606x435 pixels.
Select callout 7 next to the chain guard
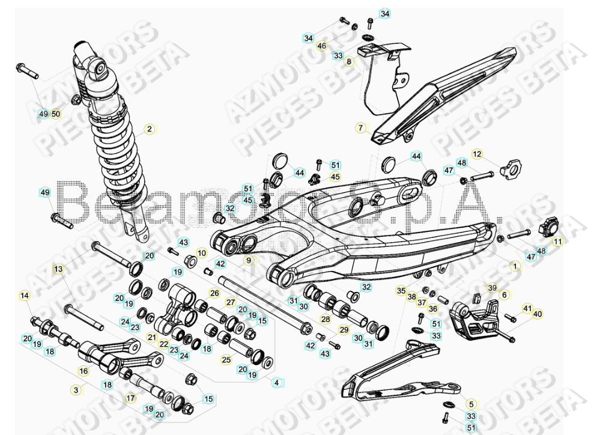pyautogui.click(x=361, y=128)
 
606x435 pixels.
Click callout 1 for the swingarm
pyautogui.click(x=514, y=264)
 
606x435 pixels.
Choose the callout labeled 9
pyautogui.click(x=247, y=260)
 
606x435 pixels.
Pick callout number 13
pyautogui.click(x=58, y=269)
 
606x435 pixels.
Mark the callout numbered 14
pyautogui.click(x=25, y=295)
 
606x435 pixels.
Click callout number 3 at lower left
pyautogui.click(x=76, y=390)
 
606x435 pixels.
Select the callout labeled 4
pyautogui.click(x=276, y=382)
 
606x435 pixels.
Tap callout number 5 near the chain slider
pyautogui.click(x=471, y=404)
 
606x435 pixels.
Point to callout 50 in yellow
pyautogui.click(x=56, y=114)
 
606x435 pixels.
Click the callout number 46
pyautogui.click(x=322, y=46)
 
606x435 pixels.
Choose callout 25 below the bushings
pyautogui.click(x=226, y=360)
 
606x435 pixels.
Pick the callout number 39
pyautogui.click(x=492, y=288)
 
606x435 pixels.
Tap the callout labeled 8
pyautogui.click(x=348, y=61)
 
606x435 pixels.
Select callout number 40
pyautogui.click(x=538, y=314)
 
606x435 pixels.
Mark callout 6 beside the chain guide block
pyautogui.click(x=504, y=294)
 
